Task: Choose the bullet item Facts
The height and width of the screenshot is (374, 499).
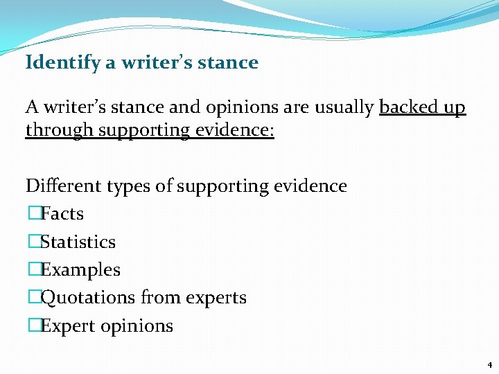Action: [62, 214]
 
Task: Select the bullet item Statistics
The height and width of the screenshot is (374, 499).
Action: [78, 242]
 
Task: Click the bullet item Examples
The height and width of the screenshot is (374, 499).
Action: [80, 270]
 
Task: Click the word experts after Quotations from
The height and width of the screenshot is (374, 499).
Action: [214, 299]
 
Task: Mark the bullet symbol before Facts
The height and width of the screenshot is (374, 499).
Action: [33, 214]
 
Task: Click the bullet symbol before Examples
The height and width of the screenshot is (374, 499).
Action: [33, 270]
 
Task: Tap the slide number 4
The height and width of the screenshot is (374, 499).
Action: [489, 364]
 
